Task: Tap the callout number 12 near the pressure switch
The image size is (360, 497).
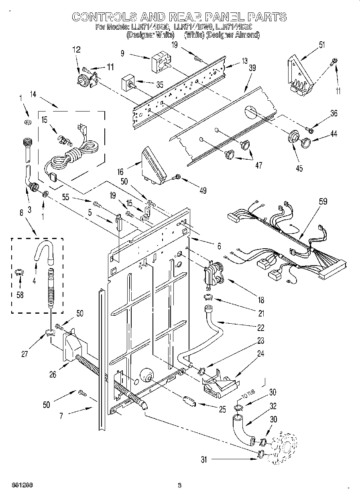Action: (76, 50)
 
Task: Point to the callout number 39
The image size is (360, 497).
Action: (252, 68)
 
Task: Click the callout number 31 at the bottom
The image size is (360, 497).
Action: (204, 460)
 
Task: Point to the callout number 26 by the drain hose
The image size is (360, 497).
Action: (53, 374)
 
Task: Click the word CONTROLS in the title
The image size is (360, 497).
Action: (103, 16)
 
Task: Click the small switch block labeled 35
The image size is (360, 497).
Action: (128, 85)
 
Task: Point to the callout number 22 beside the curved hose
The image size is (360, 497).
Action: (260, 328)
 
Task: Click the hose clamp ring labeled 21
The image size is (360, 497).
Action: (208, 297)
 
